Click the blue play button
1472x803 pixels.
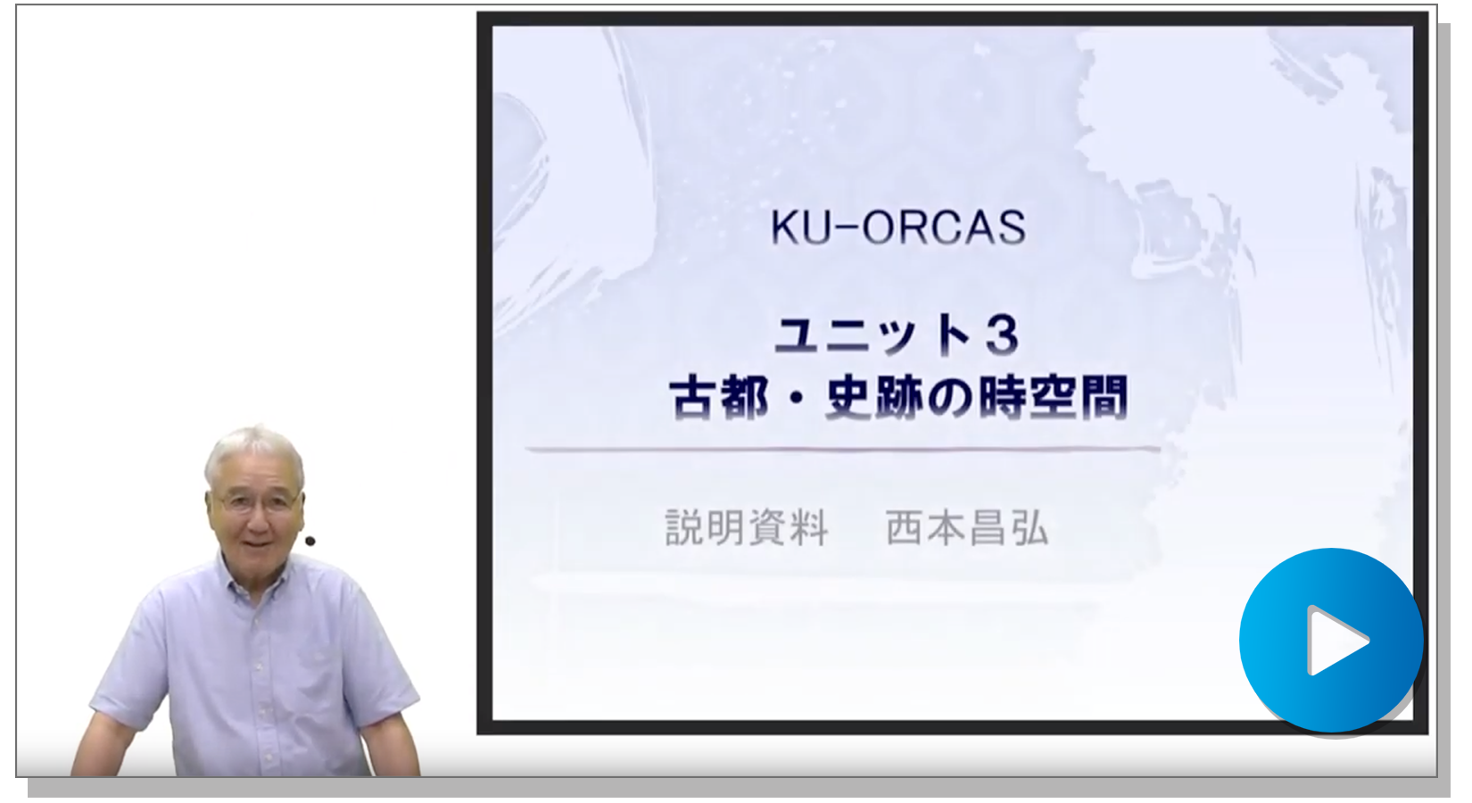click(1331, 640)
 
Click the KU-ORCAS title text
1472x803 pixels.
click(897, 228)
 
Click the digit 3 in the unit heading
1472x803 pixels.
click(1003, 335)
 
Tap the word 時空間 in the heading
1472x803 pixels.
click(1054, 398)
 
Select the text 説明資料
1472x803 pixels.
click(746, 527)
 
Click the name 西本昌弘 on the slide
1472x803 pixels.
click(967, 527)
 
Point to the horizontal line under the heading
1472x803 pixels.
click(843, 451)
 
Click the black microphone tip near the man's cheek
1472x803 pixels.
click(310, 541)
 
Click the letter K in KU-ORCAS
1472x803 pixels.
click(783, 228)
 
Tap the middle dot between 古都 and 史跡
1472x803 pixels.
click(797, 399)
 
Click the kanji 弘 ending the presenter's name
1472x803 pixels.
click(1030, 527)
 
